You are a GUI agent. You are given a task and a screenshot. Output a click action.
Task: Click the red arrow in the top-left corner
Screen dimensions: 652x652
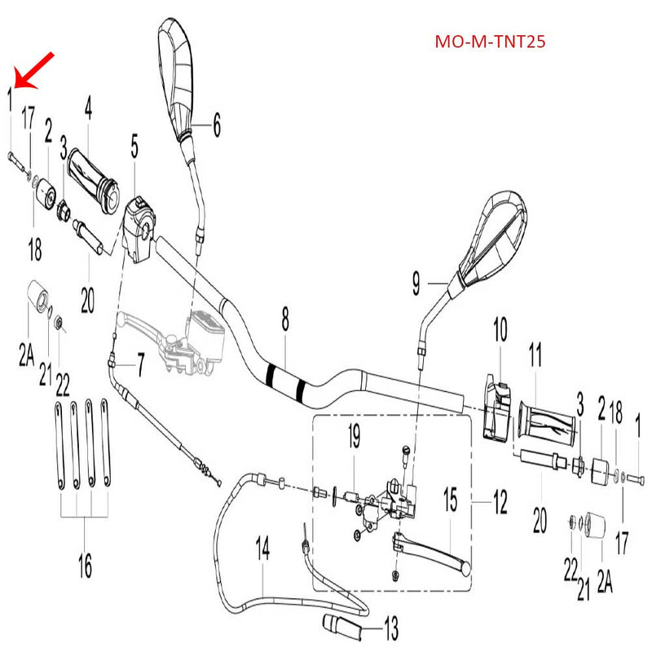pos(34,68)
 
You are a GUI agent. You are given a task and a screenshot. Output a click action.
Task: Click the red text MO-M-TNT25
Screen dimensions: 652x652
pos(489,42)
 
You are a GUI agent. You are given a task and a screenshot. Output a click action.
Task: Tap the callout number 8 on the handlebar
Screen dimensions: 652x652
pos(285,321)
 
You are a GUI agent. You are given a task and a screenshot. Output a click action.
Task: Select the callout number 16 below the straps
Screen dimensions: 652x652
pos(85,564)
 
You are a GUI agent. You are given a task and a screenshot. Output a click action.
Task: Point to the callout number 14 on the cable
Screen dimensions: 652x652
pos(262,549)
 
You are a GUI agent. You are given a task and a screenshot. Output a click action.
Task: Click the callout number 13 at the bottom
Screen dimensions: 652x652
pos(390,628)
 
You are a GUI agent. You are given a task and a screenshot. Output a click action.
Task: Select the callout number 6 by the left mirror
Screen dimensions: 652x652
pos(217,125)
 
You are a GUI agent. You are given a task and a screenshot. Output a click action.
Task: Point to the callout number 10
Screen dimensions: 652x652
pos(500,330)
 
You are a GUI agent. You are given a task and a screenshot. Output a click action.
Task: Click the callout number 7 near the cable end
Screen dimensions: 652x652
pos(139,366)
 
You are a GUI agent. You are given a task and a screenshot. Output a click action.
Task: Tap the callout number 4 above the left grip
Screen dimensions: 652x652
pos(88,109)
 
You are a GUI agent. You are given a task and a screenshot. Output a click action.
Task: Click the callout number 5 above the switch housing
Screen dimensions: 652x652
pos(134,148)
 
